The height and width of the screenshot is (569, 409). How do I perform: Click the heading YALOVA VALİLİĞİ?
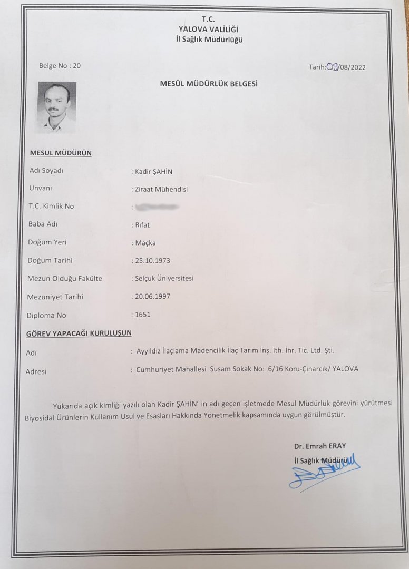pyautogui.click(x=210, y=30)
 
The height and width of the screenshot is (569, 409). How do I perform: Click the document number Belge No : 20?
pyautogui.click(x=60, y=66)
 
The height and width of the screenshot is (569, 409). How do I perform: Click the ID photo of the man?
pyautogui.click(x=56, y=106)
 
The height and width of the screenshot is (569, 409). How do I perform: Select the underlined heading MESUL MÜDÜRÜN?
pyautogui.click(x=61, y=153)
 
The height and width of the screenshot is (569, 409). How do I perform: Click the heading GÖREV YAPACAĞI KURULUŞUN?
pyautogui.click(x=79, y=333)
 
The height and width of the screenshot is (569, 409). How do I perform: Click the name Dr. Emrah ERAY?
pyautogui.click(x=320, y=446)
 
